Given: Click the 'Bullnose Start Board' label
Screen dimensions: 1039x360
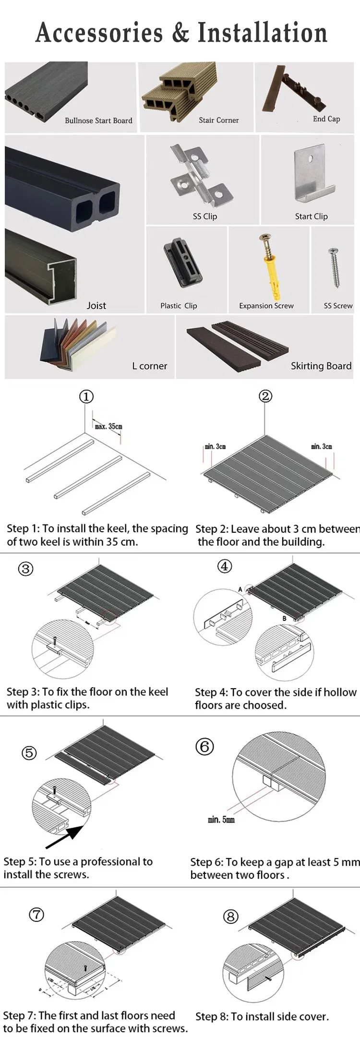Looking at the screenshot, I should (98, 120).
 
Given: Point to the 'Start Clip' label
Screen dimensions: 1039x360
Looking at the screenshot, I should (311, 216).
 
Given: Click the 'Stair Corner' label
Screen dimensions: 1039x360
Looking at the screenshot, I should (218, 120).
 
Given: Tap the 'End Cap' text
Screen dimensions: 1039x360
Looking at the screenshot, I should (326, 119).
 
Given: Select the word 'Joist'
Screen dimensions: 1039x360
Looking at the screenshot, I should (96, 306).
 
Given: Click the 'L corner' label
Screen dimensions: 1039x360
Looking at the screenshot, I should (150, 366).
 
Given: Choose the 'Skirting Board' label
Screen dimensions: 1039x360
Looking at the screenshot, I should (321, 366).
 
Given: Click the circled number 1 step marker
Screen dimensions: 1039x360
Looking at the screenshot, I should (86, 396).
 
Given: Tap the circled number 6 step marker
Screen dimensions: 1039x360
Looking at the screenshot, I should (204, 746).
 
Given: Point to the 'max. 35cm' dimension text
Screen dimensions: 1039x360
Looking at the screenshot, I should (108, 426).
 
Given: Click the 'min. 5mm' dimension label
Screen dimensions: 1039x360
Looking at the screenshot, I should (221, 819).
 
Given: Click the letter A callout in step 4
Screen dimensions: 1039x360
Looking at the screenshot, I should (240, 589).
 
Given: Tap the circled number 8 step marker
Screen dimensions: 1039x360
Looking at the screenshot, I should (230, 917).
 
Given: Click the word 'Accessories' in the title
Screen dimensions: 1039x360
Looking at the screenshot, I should (99, 33).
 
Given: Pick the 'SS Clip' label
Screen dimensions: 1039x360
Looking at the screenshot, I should (205, 216).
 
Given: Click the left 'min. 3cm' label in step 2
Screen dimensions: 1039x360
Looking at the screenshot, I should (215, 446).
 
